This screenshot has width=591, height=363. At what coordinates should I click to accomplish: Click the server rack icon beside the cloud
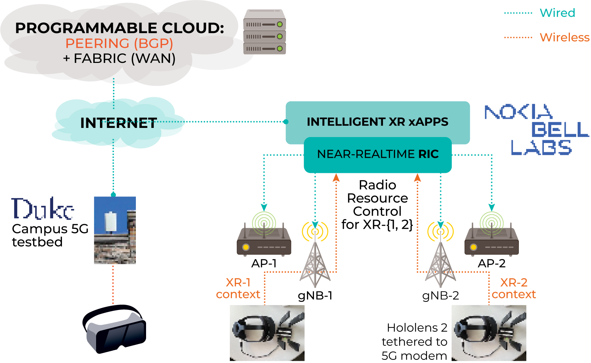click(x=265, y=32)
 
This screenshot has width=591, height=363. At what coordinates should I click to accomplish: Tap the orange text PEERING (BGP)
click(x=119, y=44)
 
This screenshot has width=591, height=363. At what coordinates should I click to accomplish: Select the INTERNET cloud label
click(x=119, y=123)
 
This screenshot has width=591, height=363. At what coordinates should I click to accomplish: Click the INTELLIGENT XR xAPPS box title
click(x=377, y=122)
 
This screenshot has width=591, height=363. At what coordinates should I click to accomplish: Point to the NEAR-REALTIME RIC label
click(x=378, y=154)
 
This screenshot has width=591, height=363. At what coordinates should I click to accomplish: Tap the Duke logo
click(x=43, y=209)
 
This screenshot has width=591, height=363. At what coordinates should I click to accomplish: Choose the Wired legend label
click(x=557, y=13)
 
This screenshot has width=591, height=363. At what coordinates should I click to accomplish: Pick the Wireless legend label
click(x=564, y=37)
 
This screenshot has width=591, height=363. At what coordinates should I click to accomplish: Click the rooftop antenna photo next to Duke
click(x=115, y=230)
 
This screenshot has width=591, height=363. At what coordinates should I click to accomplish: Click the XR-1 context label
click(x=238, y=288)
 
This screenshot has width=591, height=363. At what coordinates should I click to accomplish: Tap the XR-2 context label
click(x=514, y=288)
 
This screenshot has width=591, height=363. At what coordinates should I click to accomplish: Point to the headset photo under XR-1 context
click(x=267, y=333)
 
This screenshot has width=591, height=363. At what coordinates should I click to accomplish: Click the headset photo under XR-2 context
click(x=489, y=333)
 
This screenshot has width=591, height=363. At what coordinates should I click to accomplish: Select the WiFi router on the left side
click(x=264, y=239)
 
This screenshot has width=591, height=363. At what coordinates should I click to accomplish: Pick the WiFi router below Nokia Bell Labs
click(x=491, y=239)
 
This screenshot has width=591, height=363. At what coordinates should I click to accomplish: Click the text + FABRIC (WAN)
click(x=119, y=59)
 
